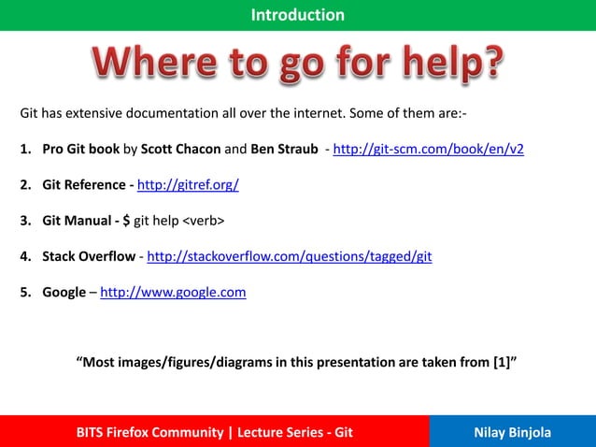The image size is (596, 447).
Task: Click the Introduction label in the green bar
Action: (297, 15)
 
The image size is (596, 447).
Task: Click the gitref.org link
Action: (188, 185)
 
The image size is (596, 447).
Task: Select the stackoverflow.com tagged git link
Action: (290, 256)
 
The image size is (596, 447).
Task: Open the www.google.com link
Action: (173, 292)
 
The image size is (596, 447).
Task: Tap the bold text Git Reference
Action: (83, 185)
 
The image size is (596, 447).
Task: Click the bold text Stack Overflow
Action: (88, 256)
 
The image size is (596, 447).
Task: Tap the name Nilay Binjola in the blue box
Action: (512, 432)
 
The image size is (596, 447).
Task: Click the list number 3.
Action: (25, 221)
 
